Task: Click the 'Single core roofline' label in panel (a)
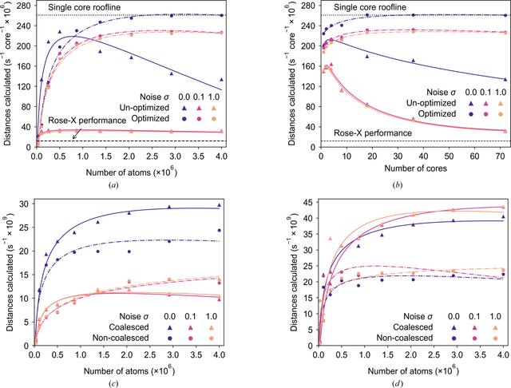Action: pos(84,7)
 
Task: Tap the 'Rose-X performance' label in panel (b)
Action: pos(373,133)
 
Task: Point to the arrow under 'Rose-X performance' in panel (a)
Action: pos(77,133)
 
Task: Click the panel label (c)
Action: pos(113,384)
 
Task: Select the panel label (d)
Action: pos(398,384)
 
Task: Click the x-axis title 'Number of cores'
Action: pos(415,168)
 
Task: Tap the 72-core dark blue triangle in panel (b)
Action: pos(505,80)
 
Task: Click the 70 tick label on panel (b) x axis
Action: pos(501,156)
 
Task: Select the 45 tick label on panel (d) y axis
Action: pos(309,203)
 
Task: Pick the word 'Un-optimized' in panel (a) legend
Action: pos(145,108)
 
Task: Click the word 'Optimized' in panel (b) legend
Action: pos(437,113)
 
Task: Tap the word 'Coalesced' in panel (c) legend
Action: pos(129,327)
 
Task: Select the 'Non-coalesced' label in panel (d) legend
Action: pos(405,338)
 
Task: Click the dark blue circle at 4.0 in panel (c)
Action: pos(220,231)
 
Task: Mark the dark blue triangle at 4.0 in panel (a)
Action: pos(222,80)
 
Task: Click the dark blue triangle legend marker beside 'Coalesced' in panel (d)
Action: pos(454,328)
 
